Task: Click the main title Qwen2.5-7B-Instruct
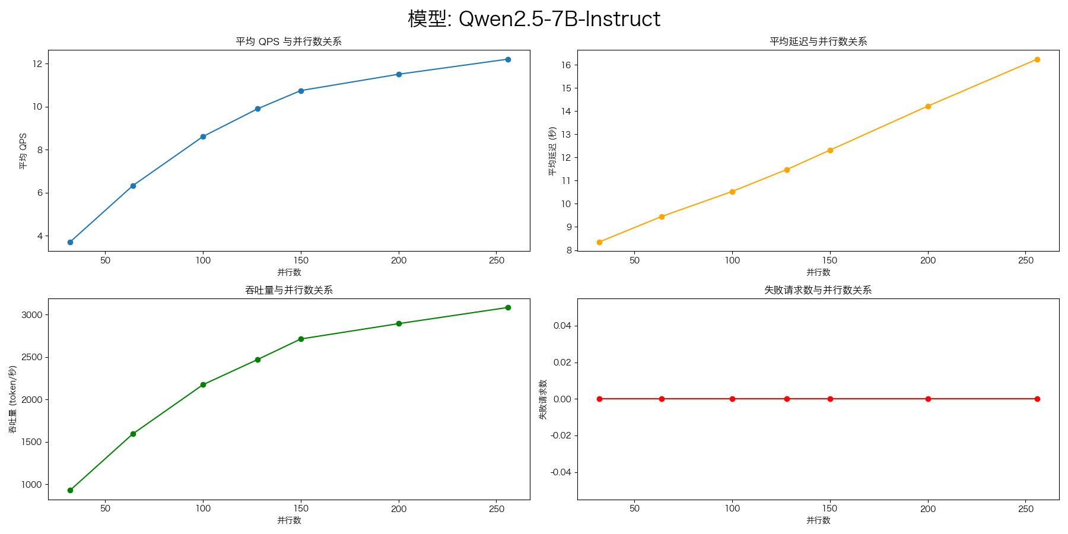(x=534, y=19)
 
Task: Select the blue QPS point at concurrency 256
(x=508, y=59)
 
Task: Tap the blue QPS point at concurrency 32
(x=70, y=242)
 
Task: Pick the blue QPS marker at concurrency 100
(x=203, y=136)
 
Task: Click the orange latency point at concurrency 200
(x=928, y=106)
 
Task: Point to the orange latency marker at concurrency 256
(x=1037, y=59)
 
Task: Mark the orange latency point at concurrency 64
(x=662, y=217)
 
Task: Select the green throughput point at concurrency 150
(x=301, y=339)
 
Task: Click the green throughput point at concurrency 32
(x=70, y=490)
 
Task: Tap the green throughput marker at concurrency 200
(x=399, y=323)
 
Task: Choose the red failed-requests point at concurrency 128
(x=787, y=399)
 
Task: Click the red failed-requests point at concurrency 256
(x=1037, y=399)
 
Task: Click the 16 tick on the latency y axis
(x=566, y=65)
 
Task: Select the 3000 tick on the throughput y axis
(x=32, y=315)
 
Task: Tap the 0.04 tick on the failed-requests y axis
(x=562, y=326)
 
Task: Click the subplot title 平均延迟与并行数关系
(x=818, y=42)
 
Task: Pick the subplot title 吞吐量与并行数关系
(x=289, y=290)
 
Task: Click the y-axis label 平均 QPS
(x=23, y=151)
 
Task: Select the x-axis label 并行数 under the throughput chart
(x=289, y=520)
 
